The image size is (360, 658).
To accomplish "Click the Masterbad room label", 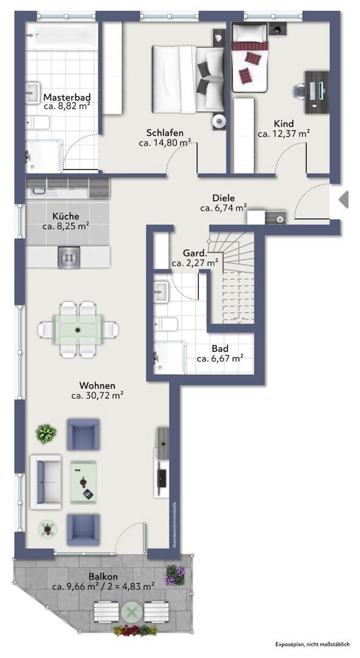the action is tap(67, 97).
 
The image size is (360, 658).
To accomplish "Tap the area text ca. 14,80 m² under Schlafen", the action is tap(165, 143).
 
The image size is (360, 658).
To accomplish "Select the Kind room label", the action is tap(284, 124).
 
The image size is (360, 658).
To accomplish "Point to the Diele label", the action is tap(224, 198).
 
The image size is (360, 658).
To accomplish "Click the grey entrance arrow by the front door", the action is tap(344, 199).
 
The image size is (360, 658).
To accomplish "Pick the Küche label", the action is tap(66, 216).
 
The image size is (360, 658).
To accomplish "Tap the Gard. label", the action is tap(195, 253).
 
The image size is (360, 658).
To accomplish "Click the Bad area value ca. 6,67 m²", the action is tap(221, 359).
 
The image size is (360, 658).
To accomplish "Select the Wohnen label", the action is tap(97, 385).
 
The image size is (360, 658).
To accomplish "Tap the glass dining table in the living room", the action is tap(78, 330).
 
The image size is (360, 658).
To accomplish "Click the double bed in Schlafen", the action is tap(188, 79).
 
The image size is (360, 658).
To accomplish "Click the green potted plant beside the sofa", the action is tap(46, 434).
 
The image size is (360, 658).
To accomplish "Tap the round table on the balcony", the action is tap(132, 613).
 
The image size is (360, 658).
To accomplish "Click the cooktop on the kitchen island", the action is tap(69, 256).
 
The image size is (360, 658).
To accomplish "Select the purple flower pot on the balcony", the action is tap(175, 575).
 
